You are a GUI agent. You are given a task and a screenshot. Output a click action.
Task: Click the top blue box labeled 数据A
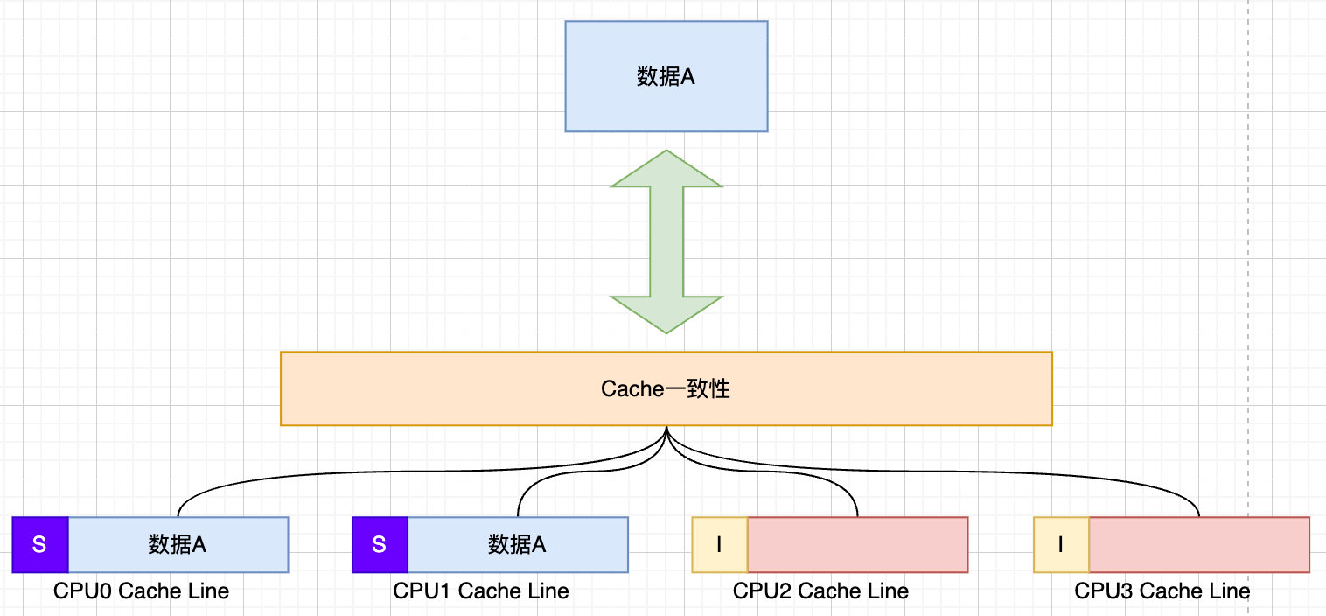[666, 77]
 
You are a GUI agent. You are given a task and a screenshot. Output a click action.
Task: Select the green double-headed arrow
[666, 241]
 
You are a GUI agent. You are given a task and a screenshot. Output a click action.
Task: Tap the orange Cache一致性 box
[666, 389]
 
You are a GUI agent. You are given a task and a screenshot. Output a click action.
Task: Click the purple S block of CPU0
[40, 545]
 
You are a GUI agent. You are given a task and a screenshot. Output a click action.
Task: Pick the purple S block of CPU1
[380, 545]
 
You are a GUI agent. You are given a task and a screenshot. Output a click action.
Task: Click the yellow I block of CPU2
[720, 545]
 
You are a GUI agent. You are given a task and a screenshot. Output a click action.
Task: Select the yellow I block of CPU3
[1061, 545]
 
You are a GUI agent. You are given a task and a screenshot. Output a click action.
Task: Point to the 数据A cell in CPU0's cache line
[178, 545]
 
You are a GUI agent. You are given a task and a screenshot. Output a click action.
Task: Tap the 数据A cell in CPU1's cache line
[518, 545]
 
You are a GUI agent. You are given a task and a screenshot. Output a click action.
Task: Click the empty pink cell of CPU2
[857, 545]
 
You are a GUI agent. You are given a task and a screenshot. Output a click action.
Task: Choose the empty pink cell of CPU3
[1198, 545]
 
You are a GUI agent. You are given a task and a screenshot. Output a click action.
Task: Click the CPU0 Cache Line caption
[141, 591]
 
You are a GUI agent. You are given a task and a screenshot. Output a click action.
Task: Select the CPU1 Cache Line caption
[481, 591]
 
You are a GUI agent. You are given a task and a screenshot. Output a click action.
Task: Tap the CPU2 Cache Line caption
[820, 591]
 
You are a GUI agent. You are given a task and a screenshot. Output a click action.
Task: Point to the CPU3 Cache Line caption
[1162, 591]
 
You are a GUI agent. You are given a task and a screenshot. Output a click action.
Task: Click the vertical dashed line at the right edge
[1248, 262]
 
